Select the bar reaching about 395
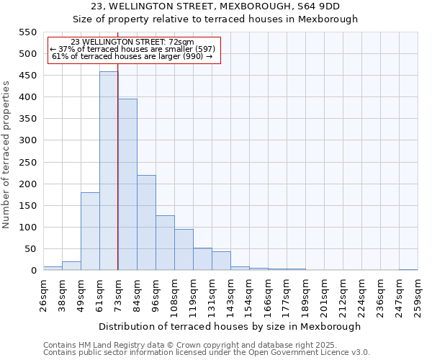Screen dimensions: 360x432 point(127,185)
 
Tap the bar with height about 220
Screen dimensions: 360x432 point(146,223)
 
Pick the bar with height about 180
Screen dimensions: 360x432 point(90,232)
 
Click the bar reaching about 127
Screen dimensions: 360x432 point(165,243)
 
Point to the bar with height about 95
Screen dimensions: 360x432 point(184,250)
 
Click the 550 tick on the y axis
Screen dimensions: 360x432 point(27,32)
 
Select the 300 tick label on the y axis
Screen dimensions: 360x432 point(27,141)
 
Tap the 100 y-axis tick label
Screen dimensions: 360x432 point(27,228)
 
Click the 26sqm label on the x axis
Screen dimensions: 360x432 point(43,295)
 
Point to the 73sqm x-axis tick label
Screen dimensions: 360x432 point(118,295)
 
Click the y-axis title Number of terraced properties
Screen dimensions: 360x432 point(6,154)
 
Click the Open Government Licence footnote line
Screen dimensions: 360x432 point(207,353)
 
